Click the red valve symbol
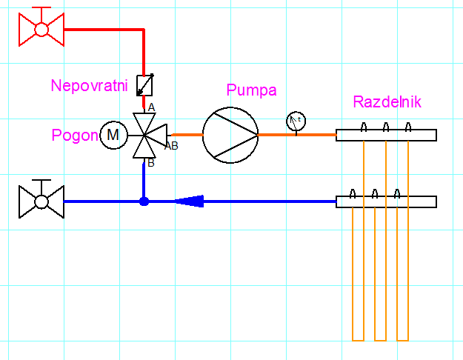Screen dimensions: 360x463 coord(41,28)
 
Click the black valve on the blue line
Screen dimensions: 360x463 coord(41,201)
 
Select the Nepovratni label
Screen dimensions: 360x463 coord(89,86)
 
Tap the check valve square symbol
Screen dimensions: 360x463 coord(144,84)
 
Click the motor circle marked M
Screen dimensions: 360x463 coord(113,135)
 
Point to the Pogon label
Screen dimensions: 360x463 coord(75,136)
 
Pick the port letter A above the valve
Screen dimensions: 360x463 coord(151,107)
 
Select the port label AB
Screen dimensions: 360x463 coord(171,145)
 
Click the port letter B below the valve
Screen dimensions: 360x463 coord(150,163)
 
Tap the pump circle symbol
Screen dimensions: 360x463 coord(230,135)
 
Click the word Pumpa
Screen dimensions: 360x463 coord(251,90)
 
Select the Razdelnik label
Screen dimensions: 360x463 coord(387,102)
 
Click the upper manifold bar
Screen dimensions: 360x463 coord(386,135)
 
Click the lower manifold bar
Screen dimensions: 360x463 coord(386,201)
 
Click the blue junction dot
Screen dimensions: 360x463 coord(144,201)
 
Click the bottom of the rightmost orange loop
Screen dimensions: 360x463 coord(403,339)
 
